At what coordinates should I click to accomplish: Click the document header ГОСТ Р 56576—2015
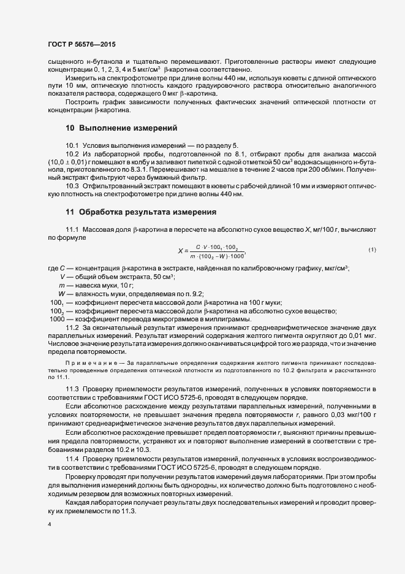[81, 44]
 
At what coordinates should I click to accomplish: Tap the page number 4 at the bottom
[49, 525]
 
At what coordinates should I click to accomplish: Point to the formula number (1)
[372, 249]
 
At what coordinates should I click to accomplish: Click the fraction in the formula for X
[218, 251]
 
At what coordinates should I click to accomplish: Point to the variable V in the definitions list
[62, 277]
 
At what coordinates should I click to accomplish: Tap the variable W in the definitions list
[62, 294]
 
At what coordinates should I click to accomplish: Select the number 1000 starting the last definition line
[57, 320]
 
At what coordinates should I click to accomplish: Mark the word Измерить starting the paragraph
[80, 79]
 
